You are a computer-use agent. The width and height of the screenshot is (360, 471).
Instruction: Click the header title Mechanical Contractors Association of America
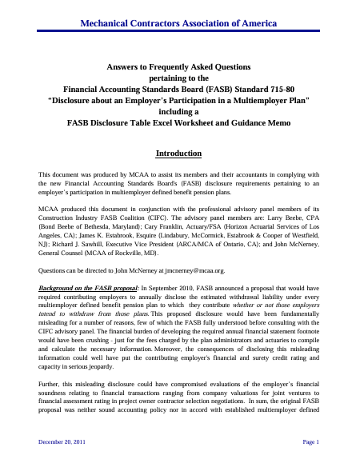tap(179, 14)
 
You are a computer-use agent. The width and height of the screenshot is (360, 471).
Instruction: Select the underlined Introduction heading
tap(179, 153)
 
